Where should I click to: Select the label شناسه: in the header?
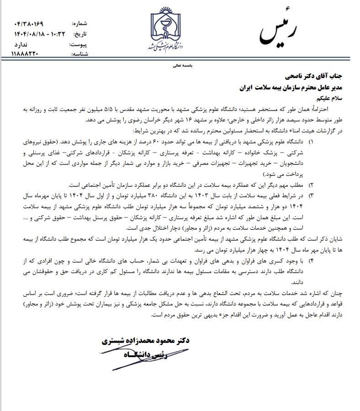[80, 54]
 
